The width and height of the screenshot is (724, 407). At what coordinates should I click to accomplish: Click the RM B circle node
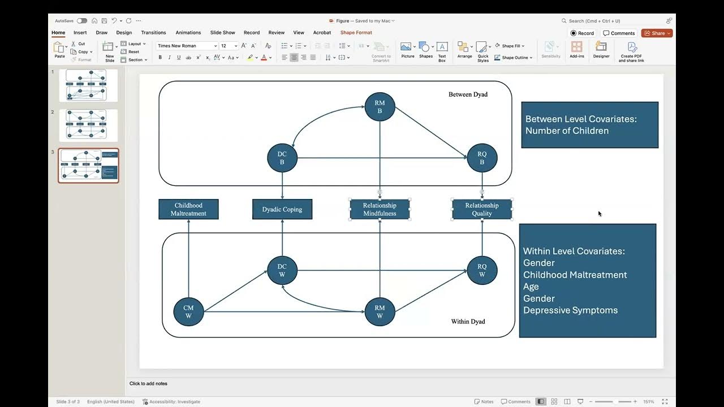tap(380, 107)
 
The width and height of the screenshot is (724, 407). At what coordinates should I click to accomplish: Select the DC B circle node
tap(282, 158)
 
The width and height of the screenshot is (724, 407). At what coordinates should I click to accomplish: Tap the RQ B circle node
tap(482, 158)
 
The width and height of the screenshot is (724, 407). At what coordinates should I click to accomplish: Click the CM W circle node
tap(188, 311)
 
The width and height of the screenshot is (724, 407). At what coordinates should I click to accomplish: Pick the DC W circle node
tap(282, 270)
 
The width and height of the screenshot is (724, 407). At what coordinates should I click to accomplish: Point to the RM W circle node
tap(380, 311)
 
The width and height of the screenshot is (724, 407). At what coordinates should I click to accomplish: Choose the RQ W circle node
tap(482, 270)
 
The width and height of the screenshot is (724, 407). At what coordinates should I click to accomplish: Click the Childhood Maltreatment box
tap(188, 209)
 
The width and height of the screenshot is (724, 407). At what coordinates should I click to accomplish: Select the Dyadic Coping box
tap(282, 209)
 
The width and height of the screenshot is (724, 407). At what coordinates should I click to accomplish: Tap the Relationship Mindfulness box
tap(380, 209)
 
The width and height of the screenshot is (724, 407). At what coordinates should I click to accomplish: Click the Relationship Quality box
tap(482, 209)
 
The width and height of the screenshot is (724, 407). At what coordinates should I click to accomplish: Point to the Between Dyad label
tap(468, 94)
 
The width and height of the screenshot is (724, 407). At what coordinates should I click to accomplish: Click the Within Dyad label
tap(468, 322)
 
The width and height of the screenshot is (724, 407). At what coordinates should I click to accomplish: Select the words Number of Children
tap(567, 131)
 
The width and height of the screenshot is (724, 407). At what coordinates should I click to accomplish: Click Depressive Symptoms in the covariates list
tap(570, 310)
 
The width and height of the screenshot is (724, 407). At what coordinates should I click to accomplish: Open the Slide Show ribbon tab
tap(222, 33)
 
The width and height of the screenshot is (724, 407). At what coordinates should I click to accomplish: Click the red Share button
tap(656, 33)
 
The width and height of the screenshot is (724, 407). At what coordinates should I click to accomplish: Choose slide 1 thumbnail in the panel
tap(88, 85)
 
